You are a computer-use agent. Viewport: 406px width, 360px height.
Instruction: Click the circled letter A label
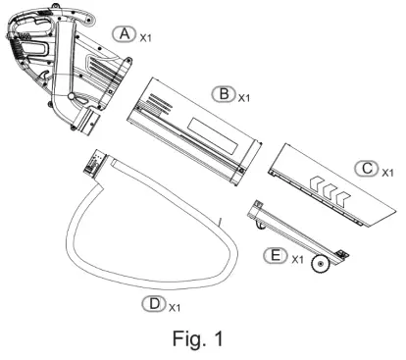[x=124, y=34]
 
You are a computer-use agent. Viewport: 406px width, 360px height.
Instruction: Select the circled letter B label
[x=224, y=94]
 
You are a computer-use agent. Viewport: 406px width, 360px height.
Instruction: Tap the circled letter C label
[x=367, y=169]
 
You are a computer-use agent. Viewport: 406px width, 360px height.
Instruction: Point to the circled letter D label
[x=154, y=304]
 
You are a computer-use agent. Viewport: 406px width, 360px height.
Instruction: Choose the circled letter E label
[x=276, y=255]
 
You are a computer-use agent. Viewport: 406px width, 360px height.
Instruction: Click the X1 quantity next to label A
[x=146, y=38]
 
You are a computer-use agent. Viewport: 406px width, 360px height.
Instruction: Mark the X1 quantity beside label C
[x=388, y=173]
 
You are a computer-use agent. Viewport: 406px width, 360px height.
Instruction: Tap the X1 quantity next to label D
[x=175, y=307]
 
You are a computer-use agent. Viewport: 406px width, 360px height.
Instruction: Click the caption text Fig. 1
[x=198, y=338]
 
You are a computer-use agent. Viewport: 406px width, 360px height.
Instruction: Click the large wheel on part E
[x=320, y=264]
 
